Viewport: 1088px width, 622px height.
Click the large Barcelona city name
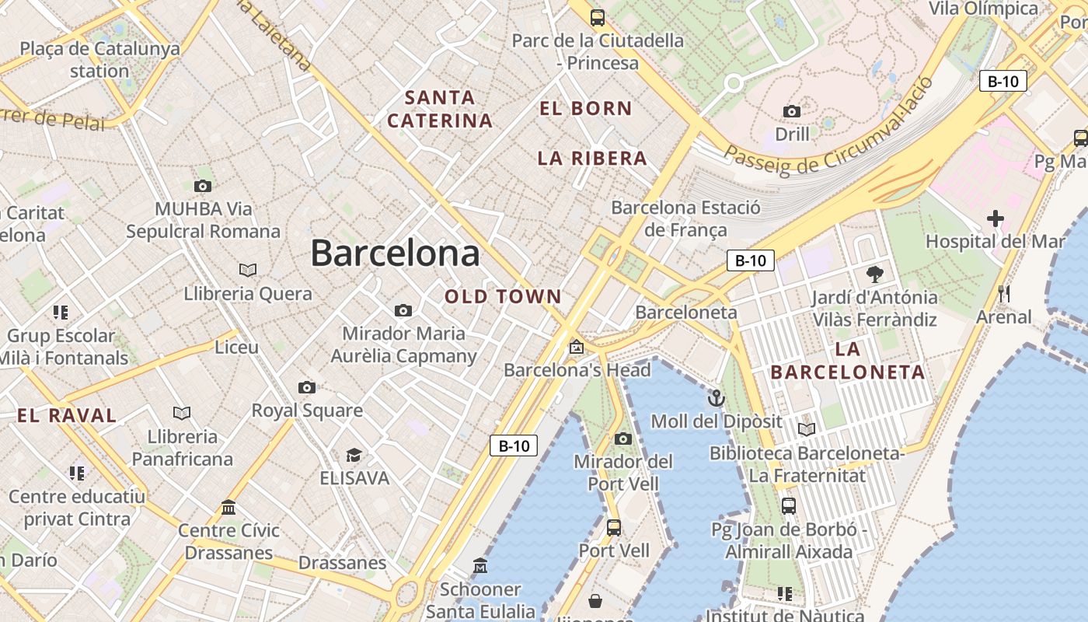pyautogui.click(x=395, y=253)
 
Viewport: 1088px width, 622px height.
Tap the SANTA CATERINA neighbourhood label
pyautogui.click(x=440, y=109)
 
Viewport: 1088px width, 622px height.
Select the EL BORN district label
pyautogui.click(x=586, y=108)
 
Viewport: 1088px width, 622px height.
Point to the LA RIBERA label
pyautogui.click(x=592, y=158)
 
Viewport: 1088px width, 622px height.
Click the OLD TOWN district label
pyautogui.click(x=503, y=296)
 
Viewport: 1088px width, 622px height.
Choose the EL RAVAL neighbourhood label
pyautogui.click(x=67, y=415)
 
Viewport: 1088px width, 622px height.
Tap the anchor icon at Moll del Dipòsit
pyautogui.click(x=716, y=399)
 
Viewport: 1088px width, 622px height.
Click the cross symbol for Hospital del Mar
pyautogui.click(x=995, y=218)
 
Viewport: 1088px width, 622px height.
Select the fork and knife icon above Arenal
pyautogui.click(x=1004, y=294)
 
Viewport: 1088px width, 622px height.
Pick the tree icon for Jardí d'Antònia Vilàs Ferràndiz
pyautogui.click(x=874, y=274)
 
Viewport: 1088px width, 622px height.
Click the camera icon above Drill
pyautogui.click(x=792, y=111)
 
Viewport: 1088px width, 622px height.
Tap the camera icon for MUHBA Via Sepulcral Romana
pyautogui.click(x=203, y=186)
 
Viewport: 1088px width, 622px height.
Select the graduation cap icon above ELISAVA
pyautogui.click(x=354, y=455)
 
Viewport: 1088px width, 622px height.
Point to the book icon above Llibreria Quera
pyautogui.click(x=248, y=271)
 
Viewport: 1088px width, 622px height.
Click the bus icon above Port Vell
pyautogui.click(x=613, y=528)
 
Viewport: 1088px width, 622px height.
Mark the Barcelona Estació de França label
pyautogui.click(x=685, y=218)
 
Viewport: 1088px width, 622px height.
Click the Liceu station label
pyautogui.click(x=236, y=347)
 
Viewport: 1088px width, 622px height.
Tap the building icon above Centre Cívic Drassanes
pyautogui.click(x=228, y=508)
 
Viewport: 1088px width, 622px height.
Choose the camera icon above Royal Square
pyautogui.click(x=307, y=387)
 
